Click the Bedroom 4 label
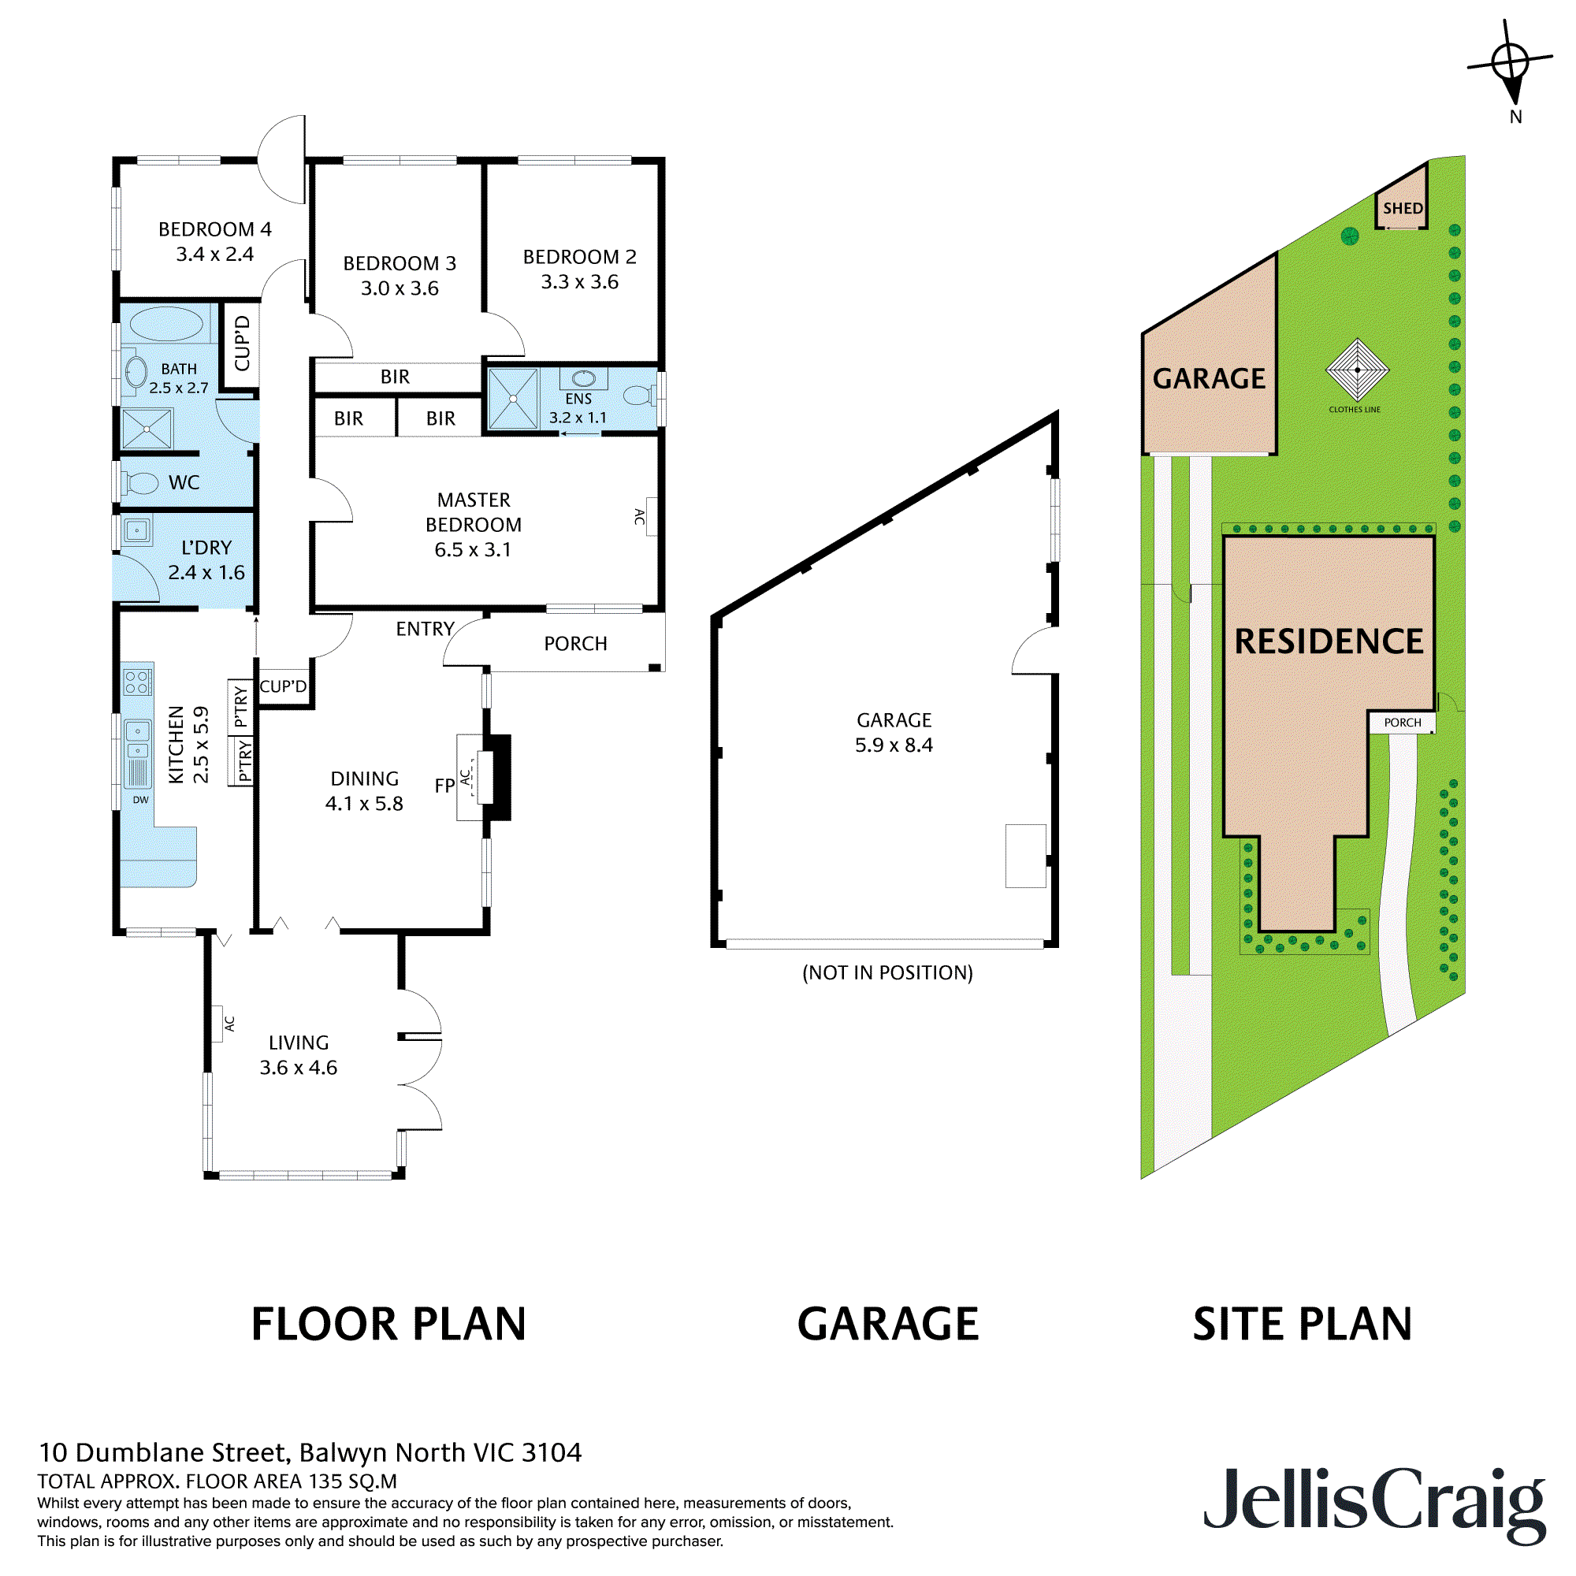(214, 229)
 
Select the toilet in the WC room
(141, 483)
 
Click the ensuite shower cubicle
(513, 399)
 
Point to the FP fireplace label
(444, 786)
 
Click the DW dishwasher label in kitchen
(140, 799)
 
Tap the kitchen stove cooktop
(137, 681)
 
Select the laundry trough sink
(136, 531)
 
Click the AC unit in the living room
(218, 1024)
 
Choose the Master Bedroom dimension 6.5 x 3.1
(472, 550)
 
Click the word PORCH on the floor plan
(575, 644)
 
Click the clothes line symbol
(1358, 370)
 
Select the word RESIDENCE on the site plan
(1329, 641)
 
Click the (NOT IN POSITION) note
(887, 972)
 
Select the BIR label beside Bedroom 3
(395, 377)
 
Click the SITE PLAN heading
(1302, 1324)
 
